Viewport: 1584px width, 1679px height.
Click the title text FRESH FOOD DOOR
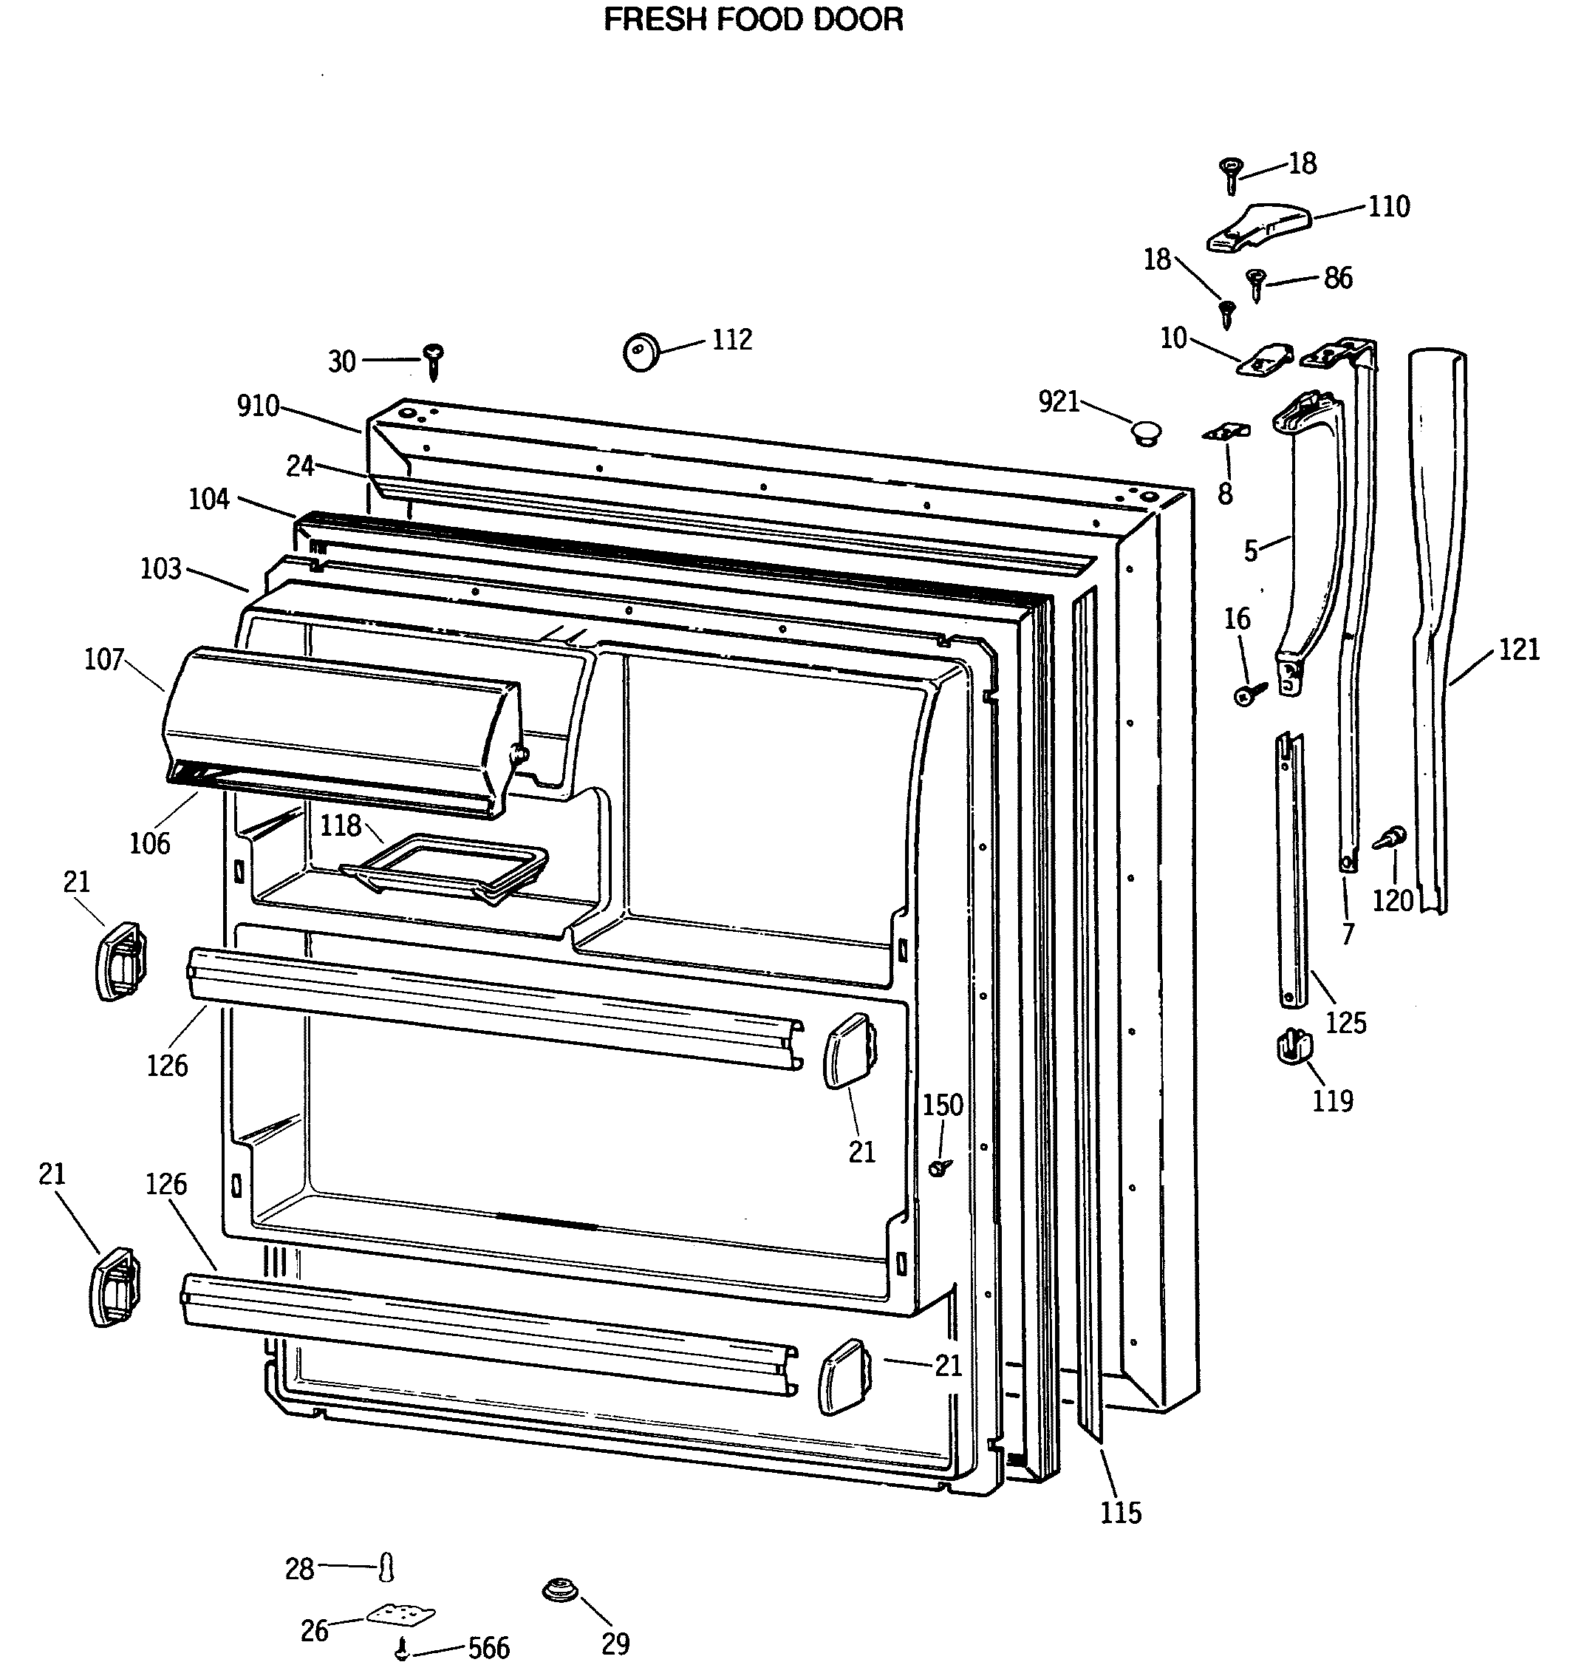click(753, 19)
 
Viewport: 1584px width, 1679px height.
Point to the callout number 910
click(259, 406)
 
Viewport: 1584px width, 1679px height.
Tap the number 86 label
click(1337, 278)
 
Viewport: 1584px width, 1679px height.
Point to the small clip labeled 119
click(1293, 1047)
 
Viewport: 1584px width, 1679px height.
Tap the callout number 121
click(1518, 650)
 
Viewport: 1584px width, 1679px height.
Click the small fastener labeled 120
click(1390, 839)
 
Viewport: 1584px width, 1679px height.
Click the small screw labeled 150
click(938, 1168)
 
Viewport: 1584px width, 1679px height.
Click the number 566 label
click(488, 1648)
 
